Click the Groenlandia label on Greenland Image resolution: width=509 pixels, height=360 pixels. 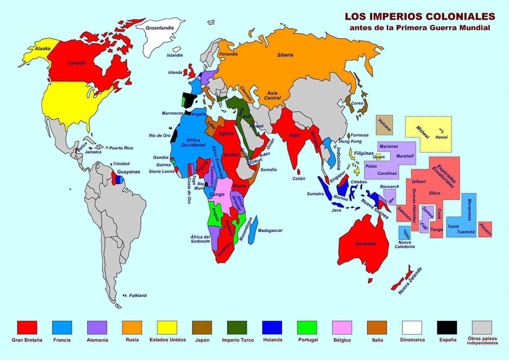(x=160, y=28)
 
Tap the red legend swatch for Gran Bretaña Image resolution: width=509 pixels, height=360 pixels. (x=27, y=328)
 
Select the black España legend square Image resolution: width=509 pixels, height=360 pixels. (x=447, y=328)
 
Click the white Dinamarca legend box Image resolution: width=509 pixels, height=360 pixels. (x=412, y=328)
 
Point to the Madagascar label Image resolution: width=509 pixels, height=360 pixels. (x=270, y=230)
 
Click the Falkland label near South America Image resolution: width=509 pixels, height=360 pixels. (x=138, y=295)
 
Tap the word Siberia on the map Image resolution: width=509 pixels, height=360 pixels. (x=285, y=55)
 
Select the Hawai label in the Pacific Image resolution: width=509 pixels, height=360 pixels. (x=442, y=137)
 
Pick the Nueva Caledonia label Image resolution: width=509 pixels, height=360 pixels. (x=405, y=244)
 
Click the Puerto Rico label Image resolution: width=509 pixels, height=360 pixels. (x=121, y=148)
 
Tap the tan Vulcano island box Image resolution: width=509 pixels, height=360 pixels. (x=384, y=125)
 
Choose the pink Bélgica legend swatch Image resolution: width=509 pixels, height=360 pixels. (x=342, y=328)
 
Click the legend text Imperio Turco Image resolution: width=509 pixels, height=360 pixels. (x=238, y=340)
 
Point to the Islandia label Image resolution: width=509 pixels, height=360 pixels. (x=175, y=55)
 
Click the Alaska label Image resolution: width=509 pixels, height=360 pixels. (x=43, y=49)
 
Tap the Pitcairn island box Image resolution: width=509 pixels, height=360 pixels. (x=485, y=229)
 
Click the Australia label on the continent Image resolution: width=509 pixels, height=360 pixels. (x=365, y=244)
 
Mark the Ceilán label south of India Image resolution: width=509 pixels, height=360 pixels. (x=299, y=179)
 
